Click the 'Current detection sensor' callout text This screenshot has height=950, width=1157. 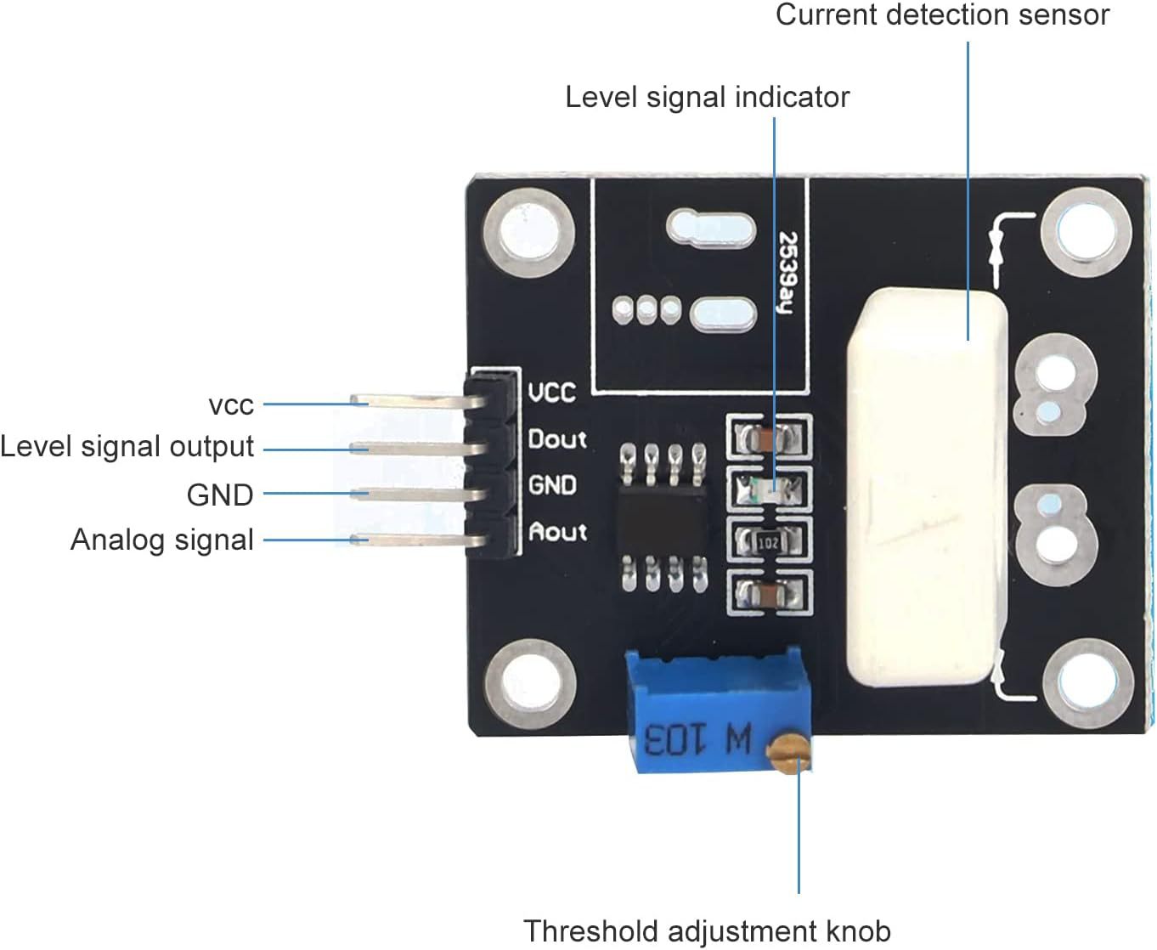(942, 14)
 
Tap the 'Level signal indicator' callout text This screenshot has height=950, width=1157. (707, 97)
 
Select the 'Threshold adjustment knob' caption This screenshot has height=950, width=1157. (707, 930)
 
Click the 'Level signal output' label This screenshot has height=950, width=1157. (127, 446)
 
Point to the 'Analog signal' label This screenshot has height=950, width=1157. (161, 540)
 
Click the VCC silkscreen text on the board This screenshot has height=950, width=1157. (552, 393)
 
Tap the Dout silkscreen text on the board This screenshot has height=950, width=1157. (557, 439)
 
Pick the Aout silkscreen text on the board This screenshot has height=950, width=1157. (557, 532)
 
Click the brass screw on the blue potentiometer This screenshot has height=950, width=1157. (789, 752)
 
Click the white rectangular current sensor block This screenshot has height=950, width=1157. (926, 489)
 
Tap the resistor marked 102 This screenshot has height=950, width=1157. (768, 541)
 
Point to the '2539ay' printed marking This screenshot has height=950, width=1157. (787, 272)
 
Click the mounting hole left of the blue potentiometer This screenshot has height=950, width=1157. (529, 684)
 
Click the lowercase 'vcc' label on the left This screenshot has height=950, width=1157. (230, 405)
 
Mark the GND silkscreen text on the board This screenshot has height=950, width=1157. (552, 485)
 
